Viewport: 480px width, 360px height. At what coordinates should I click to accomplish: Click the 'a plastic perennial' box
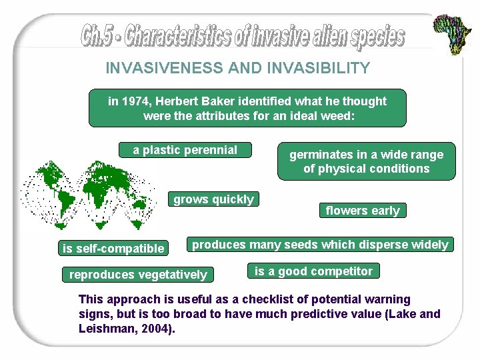(x=185, y=150)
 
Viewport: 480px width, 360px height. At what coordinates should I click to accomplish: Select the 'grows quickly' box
(x=213, y=199)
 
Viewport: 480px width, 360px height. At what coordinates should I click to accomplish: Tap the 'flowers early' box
(x=363, y=211)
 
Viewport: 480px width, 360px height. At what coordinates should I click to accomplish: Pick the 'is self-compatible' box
(x=113, y=249)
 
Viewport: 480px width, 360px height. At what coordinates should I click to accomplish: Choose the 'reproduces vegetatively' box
(x=138, y=275)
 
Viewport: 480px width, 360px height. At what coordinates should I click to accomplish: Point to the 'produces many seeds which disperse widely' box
(x=320, y=245)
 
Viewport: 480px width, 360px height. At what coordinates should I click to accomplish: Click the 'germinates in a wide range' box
(x=366, y=161)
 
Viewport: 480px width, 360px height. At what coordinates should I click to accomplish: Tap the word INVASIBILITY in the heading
(x=322, y=68)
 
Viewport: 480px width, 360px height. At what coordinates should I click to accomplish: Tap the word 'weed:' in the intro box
(x=339, y=115)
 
